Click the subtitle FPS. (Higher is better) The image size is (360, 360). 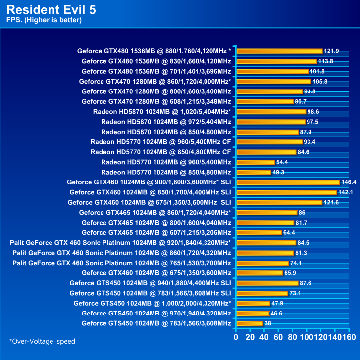[44, 20]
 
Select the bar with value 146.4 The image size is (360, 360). [288, 182]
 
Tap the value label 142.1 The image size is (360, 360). [345, 192]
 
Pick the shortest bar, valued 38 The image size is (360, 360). [250, 323]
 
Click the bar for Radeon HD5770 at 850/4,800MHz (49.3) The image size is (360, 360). [254, 172]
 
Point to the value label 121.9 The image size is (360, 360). [331, 51]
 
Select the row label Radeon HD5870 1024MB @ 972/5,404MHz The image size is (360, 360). [166, 122]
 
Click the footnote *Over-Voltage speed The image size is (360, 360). [42, 341]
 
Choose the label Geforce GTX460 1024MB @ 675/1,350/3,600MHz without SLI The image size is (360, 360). [156, 273]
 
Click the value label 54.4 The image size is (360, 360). [283, 162]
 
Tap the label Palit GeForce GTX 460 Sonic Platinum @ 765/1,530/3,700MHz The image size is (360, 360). [122, 263]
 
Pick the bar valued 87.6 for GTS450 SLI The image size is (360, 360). [267, 283]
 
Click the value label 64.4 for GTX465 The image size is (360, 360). [290, 232]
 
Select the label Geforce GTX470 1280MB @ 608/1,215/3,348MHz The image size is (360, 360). [156, 101]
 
